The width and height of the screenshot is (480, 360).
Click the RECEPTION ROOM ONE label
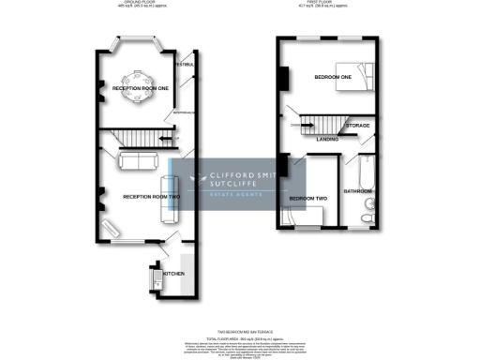tap(140, 87)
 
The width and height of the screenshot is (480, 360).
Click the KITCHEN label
tap(174, 274)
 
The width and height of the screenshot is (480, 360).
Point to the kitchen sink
tap(157, 278)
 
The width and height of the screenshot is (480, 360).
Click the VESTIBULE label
tap(184, 65)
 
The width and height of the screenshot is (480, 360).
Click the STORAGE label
tap(358, 125)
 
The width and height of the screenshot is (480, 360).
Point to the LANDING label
tap(327, 140)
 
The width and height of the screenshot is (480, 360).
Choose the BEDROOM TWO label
tap(307, 200)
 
